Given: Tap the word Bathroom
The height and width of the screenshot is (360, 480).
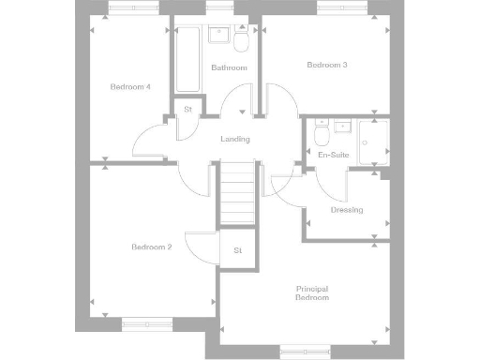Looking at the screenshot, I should pos(229,68).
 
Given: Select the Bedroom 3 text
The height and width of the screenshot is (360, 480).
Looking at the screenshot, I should pos(327,65).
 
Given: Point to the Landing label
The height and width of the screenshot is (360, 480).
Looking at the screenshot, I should pos(234,140).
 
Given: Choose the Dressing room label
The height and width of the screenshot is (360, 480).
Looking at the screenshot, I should pos(347,210).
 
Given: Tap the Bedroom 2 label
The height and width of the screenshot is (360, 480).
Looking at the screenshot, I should pos(151,247).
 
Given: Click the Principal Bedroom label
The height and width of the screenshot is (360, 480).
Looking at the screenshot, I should pos(312,292).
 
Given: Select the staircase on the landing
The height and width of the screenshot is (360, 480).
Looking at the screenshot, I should pos(238,191).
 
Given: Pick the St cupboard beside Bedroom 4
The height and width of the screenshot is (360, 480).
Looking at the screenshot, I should pos(187,110).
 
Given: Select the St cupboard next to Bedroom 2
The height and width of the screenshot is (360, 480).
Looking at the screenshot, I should pos(237,250).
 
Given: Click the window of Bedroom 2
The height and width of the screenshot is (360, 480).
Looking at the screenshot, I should pos(148,325).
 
